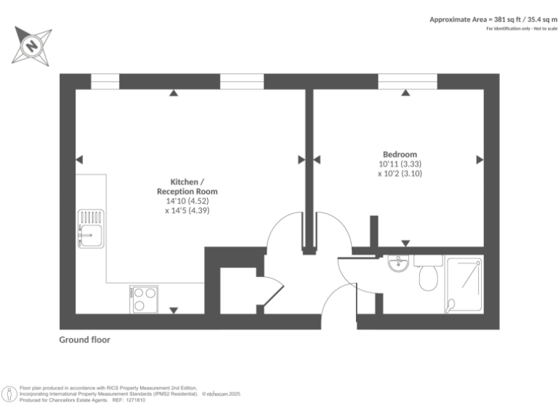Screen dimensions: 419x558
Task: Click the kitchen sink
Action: pyautogui.click(x=91, y=228)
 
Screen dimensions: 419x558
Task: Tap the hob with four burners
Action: pyautogui.click(x=144, y=299)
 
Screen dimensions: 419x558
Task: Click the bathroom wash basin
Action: pyautogui.click(x=397, y=263)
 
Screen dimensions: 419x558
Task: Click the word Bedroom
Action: pyautogui.click(x=400, y=154)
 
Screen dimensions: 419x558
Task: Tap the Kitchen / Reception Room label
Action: pyautogui.click(x=187, y=186)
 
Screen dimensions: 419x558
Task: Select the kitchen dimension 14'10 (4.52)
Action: pyautogui.click(x=187, y=201)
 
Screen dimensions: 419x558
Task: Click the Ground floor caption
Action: pyautogui.click(x=85, y=340)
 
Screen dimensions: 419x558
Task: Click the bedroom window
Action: pyautogui.click(x=407, y=81)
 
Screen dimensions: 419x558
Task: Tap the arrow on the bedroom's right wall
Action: pyautogui.click(x=480, y=159)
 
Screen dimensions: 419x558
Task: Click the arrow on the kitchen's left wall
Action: pyautogui.click(x=79, y=159)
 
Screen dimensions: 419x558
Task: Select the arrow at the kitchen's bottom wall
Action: pyautogui.click(x=174, y=311)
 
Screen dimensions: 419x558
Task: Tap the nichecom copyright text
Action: pyautogui.click(x=221, y=394)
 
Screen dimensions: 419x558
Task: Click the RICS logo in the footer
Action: pyautogui.click(x=9, y=394)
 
